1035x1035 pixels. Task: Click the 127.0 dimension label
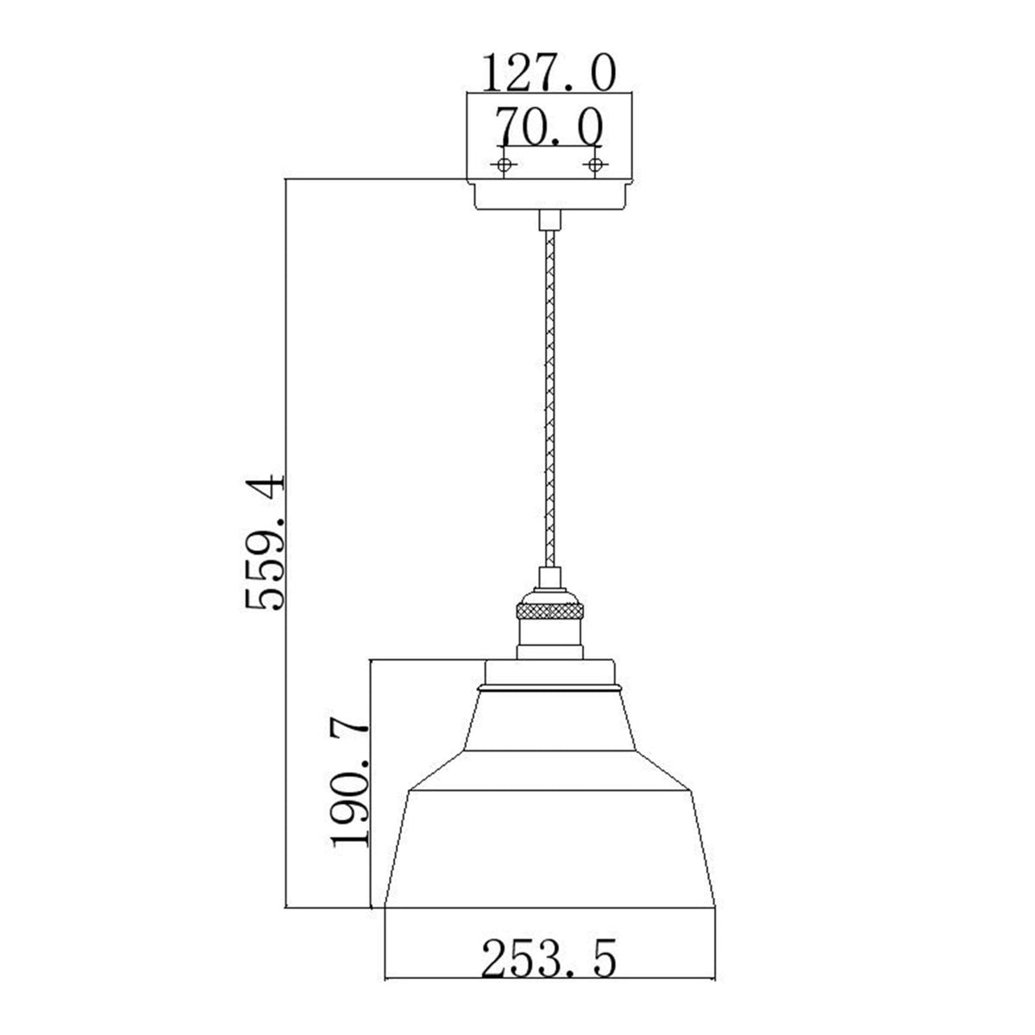pyautogui.click(x=548, y=72)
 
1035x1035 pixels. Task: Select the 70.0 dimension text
pyautogui.click(x=548, y=129)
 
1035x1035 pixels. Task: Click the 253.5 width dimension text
pyautogui.click(x=549, y=960)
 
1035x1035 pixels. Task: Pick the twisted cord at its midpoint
pyautogui.click(x=548, y=397)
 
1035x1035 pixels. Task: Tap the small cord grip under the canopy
pyautogui.click(x=548, y=221)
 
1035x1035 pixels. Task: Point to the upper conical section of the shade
pyautogui.click(x=549, y=720)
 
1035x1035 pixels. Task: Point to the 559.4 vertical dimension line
pyautogui.click(x=285, y=690)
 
